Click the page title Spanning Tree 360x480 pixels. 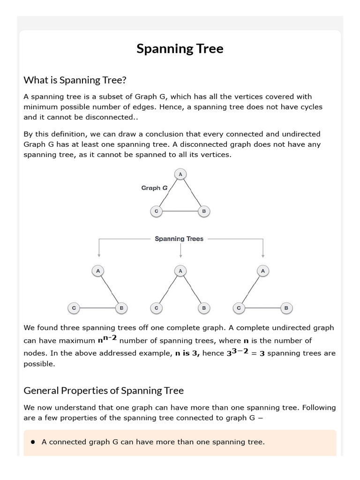pyautogui.click(x=180, y=49)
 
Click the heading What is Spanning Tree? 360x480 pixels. pyautogui.click(x=75, y=80)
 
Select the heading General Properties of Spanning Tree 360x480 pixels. pyautogui.click(x=104, y=390)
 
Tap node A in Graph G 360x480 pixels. pyautogui.click(x=180, y=174)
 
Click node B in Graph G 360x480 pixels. pyautogui.click(x=203, y=211)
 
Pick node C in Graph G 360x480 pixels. pyautogui.click(x=157, y=211)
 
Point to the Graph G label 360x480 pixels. pyautogui.click(x=155, y=188)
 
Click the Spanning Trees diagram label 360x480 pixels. pyautogui.click(x=179, y=239)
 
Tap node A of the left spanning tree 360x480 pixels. pyautogui.click(x=98, y=271)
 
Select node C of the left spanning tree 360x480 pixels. pyautogui.click(x=74, y=308)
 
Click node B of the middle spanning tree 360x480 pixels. pyautogui.click(x=203, y=308)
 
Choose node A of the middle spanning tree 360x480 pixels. pyautogui.click(x=180, y=271)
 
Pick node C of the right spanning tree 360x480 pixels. pyautogui.click(x=239, y=308)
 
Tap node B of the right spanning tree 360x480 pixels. pyautogui.click(x=286, y=308)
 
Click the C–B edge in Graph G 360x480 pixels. pyautogui.click(x=180, y=212)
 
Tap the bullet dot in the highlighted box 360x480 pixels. pyautogui.click(x=33, y=442)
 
